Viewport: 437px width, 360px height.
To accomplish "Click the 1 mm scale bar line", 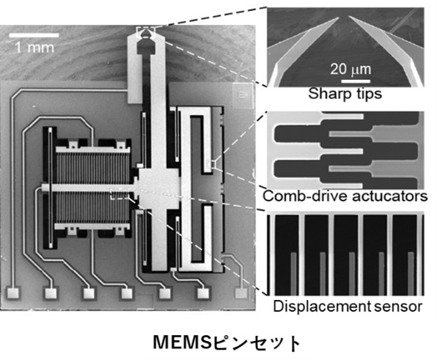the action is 34,35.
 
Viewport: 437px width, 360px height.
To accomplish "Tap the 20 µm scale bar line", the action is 356,81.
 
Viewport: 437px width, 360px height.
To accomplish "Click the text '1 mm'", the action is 34,48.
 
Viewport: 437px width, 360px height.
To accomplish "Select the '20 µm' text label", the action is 350,69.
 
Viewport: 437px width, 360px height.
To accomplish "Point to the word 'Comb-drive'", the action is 305,196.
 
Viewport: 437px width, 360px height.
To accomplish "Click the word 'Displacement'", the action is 322,306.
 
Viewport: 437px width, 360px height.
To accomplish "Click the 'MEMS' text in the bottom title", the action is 183,342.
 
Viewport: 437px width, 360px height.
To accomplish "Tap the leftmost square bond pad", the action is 13,293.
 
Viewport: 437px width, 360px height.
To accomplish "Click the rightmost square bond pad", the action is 242,293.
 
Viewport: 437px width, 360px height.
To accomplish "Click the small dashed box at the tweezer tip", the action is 145,32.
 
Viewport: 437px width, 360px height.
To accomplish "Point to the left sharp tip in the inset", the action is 338,18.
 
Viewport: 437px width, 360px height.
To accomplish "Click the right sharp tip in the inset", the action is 349,18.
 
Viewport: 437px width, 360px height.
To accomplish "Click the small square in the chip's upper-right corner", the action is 242,94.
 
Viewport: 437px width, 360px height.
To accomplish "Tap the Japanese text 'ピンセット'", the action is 257,342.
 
